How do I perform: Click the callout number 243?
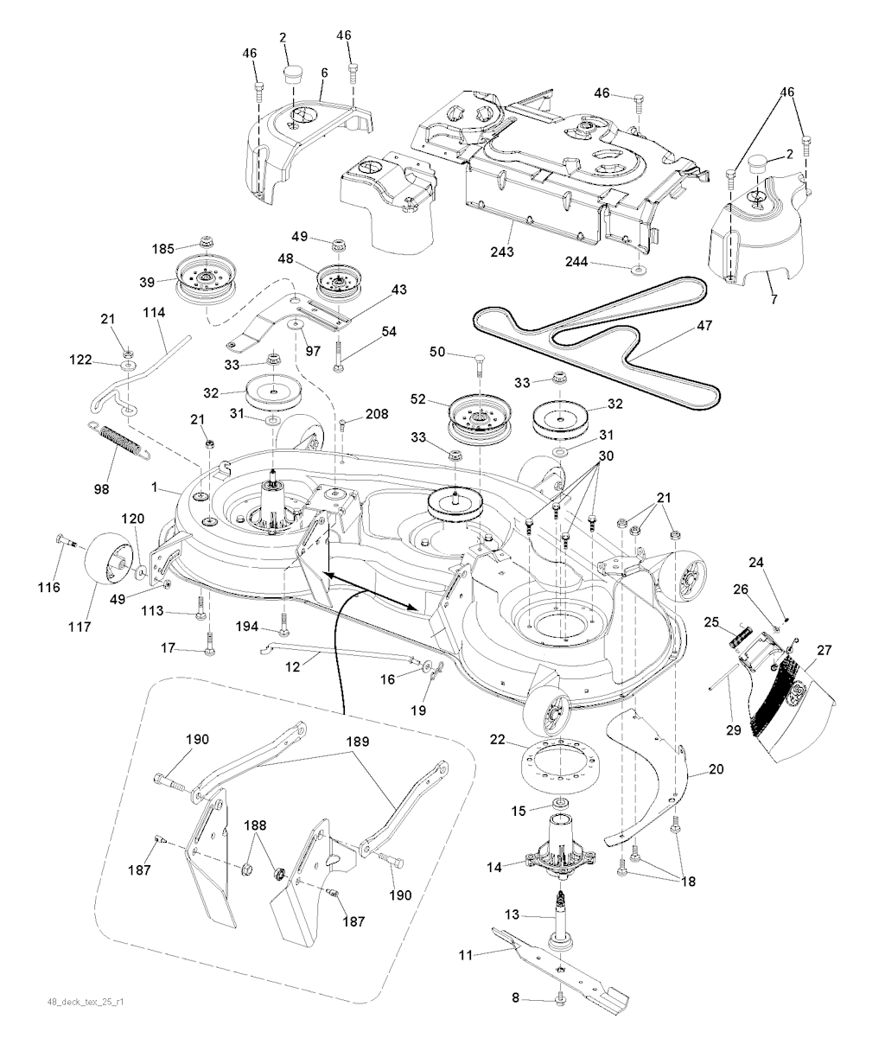[501, 252]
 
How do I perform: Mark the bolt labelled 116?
[66, 542]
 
